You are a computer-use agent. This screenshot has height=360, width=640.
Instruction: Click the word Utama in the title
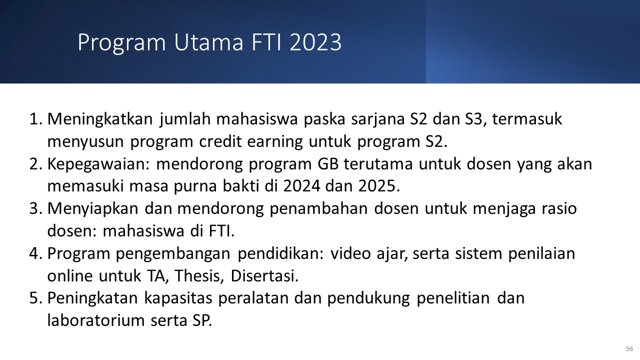pyautogui.click(x=208, y=42)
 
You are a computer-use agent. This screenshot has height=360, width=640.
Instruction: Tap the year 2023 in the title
pyautogui.click(x=315, y=42)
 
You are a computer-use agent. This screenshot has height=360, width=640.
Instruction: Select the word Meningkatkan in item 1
pyautogui.click(x=100, y=119)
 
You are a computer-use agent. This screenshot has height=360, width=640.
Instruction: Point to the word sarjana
pyautogui.click(x=377, y=119)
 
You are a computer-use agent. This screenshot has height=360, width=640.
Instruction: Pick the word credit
pyautogui.click(x=220, y=141)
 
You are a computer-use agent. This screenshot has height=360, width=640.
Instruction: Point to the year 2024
pyautogui.click(x=301, y=186)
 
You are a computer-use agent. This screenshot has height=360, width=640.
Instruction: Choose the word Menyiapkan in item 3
pyautogui.click(x=93, y=209)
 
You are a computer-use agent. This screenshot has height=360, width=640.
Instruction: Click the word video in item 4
pyautogui.click(x=350, y=253)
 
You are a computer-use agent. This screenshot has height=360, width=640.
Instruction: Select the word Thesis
pyautogui.click(x=199, y=276)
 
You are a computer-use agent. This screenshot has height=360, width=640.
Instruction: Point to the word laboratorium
pyautogui.click(x=96, y=320)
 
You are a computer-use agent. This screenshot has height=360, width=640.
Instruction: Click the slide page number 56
pyautogui.click(x=629, y=349)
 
